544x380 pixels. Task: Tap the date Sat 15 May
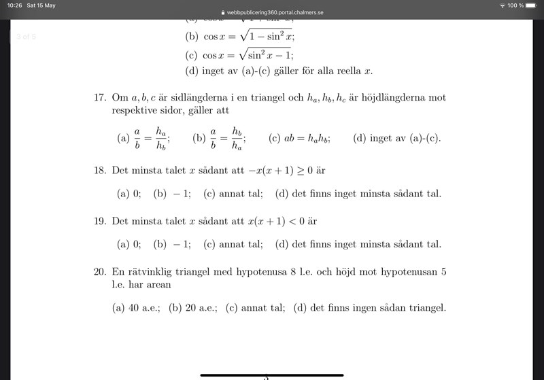point(41,5)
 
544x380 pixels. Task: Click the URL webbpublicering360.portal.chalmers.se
point(275,13)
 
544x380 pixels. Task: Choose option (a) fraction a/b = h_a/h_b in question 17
point(143,138)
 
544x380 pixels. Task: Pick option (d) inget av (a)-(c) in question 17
point(397,139)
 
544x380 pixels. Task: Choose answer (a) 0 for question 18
point(129,194)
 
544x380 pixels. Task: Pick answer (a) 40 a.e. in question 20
point(136,308)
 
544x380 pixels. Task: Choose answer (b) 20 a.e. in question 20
point(193,308)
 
